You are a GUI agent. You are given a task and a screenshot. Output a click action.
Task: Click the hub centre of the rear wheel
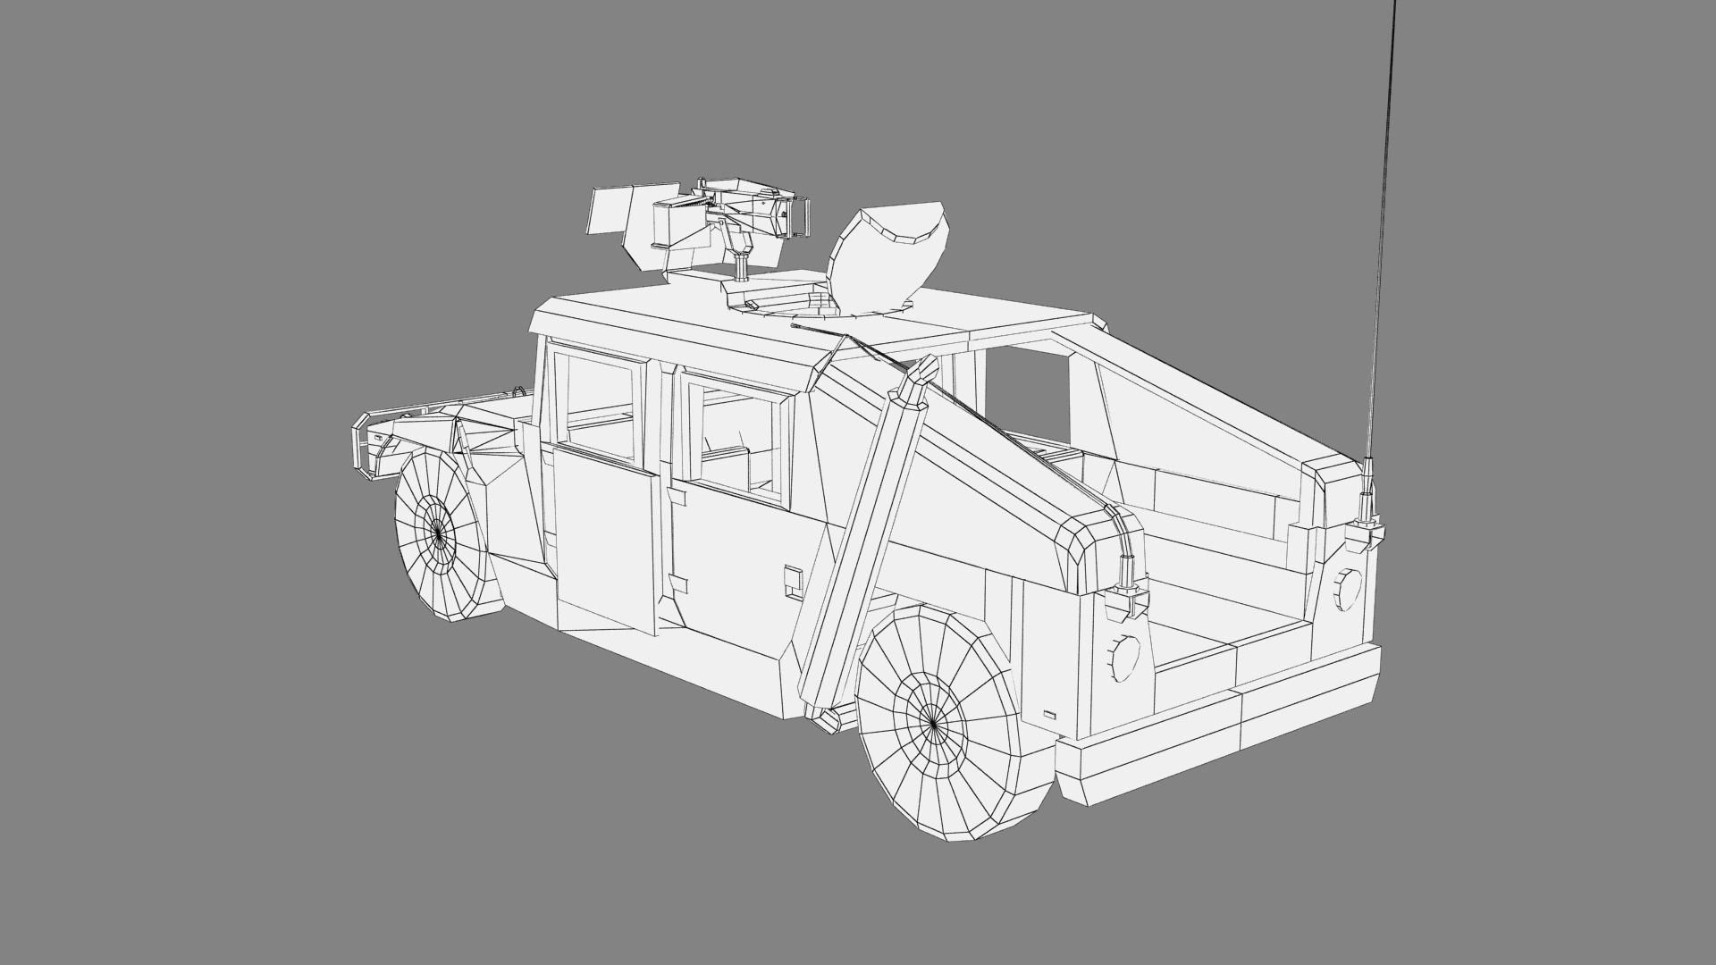pos(932,717)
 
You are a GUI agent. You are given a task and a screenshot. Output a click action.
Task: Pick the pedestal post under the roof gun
pos(741,266)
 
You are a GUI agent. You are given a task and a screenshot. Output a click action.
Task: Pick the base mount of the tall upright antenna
pos(1367,527)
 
